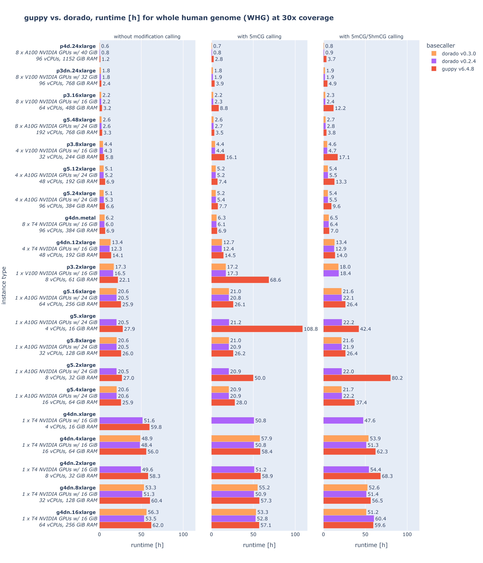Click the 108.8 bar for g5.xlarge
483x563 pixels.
click(257, 329)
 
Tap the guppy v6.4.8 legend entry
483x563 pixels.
click(458, 69)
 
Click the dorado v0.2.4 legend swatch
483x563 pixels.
click(434, 61)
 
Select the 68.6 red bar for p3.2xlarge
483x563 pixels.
click(240, 280)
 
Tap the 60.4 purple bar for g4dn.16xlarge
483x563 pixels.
click(348, 519)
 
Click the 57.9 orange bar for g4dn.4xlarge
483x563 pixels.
click(236, 439)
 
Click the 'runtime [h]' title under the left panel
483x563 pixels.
click(147, 545)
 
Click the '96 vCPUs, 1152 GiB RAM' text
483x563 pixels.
click(67, 59)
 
